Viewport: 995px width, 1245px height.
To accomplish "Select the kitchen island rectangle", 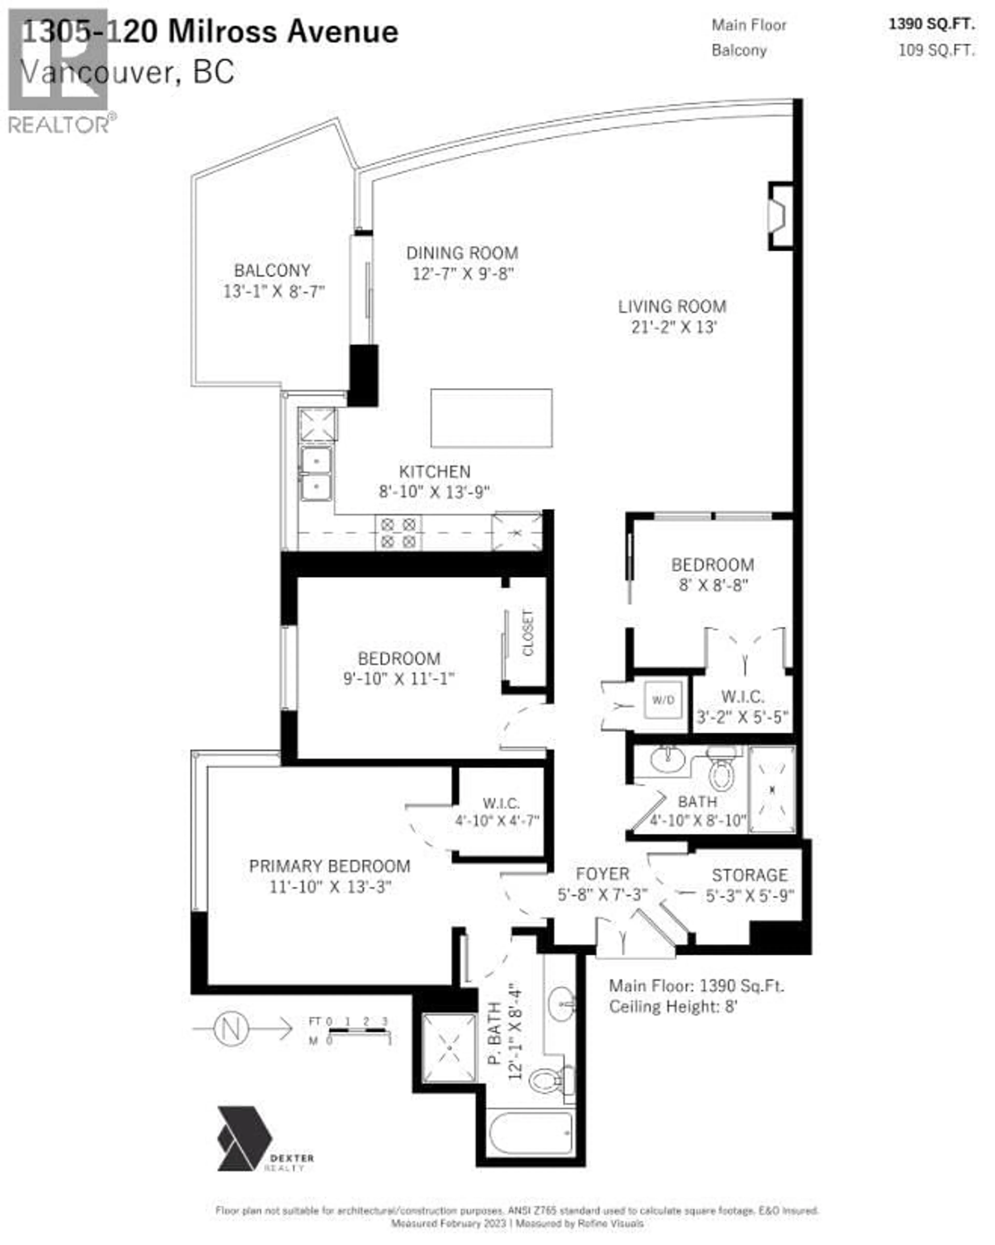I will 491,418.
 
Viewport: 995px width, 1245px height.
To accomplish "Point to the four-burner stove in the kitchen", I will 398,532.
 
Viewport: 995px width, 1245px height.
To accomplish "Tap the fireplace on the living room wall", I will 779,216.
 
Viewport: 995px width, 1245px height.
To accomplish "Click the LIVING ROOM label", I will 672,307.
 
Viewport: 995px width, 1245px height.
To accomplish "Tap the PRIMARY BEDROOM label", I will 330,866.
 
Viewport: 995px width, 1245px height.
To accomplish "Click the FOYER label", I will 602,874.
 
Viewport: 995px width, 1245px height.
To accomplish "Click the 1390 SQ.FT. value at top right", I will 931,24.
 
